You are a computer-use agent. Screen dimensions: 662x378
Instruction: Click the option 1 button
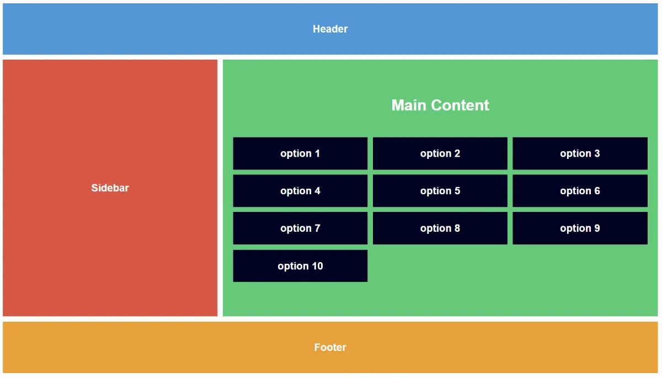click(x=300, y=153)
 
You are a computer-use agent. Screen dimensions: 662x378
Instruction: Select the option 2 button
click(x=440, y=153)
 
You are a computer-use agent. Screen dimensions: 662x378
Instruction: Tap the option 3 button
click(x=580, y=153)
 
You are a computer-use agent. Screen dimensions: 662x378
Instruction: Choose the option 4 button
click(x=300, y=190)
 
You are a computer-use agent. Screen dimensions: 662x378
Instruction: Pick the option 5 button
click(x=440, y=190)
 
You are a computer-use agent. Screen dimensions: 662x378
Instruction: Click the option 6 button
click(x=580, y=190)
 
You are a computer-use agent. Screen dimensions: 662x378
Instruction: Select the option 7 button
click(x=300, y=228)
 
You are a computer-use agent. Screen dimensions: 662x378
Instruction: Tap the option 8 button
click(x=440, y=228)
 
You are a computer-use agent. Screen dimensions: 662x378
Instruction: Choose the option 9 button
click(x=580, y=228)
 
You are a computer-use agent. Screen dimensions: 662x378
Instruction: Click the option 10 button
click(x=300, y=266)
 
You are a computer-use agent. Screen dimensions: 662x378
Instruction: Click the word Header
click(x=330, y=29)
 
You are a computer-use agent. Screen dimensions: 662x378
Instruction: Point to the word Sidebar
click(x=110, y=188)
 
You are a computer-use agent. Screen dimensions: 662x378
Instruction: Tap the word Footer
click(x=330, y=347)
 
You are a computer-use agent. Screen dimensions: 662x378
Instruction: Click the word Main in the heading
click(x=409, y=105)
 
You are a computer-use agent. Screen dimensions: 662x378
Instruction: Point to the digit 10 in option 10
click(x=317, y=266)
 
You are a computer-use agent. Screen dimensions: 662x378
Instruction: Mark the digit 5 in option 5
click(x=457, y=190)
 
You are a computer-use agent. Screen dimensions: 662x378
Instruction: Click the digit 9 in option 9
click(x=597, y=228)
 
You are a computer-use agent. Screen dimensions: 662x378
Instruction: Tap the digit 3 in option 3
click(x=597, y=153)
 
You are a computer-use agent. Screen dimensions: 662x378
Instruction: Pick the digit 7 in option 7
click(x=317, y=228)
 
